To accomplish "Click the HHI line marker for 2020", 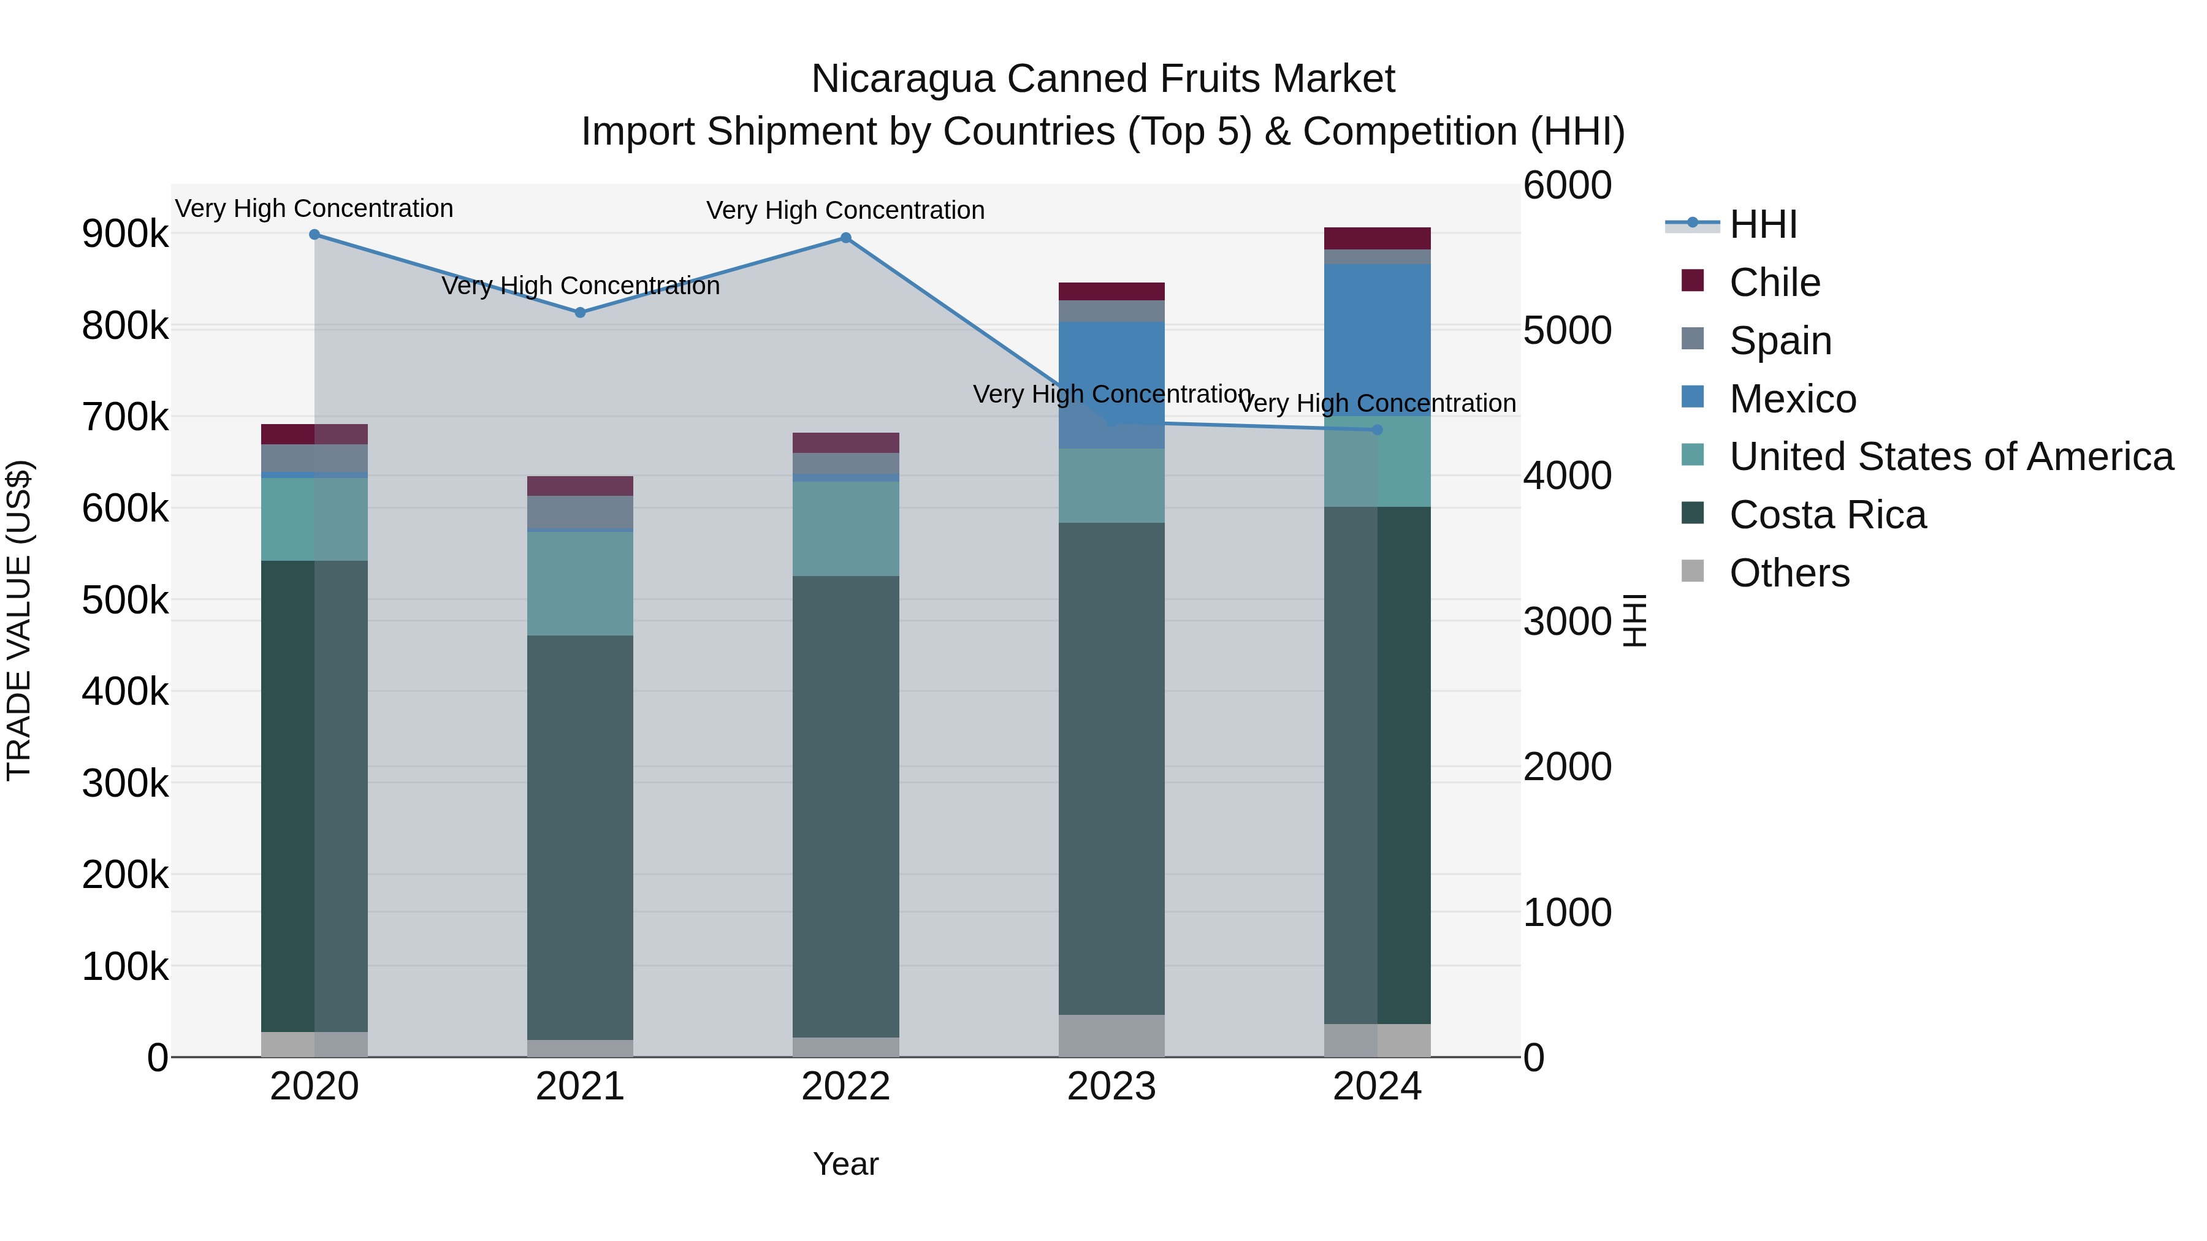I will [314, 235].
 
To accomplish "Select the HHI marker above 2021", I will [580, 313].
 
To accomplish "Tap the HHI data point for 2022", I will [845, 238].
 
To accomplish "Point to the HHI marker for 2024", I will [1378, 430].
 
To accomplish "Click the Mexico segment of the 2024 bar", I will [1377, 338].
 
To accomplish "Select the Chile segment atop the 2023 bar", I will [1111, 291].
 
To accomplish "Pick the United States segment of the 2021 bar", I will [580, 583].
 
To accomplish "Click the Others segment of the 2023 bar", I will [1111, 1036].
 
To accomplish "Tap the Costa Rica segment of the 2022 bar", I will [845, 805].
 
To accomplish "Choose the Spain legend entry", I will [1780, 341].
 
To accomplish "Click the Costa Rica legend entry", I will [1828, 515].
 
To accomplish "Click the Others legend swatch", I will [1692, 571].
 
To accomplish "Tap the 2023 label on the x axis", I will [1111, 1087].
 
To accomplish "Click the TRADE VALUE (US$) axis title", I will [19, 620].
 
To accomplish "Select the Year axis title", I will [845, 1164].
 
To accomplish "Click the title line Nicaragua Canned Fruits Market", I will [1103, 79].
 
